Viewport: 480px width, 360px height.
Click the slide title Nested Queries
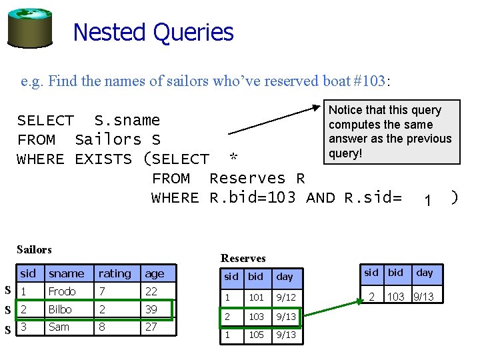tap(153, 32)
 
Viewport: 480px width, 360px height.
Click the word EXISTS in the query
tap(103, 159)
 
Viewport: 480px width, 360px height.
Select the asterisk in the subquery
tap(233, 159)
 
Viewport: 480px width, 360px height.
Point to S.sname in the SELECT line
tap(127, 121)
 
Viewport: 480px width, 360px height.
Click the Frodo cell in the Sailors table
tap(62, 291)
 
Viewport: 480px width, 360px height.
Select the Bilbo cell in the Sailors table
tap(60, 309)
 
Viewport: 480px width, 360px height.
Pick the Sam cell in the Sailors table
tap(59, 327)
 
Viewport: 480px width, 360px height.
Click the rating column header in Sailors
tap(115, 273)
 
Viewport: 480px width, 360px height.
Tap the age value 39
tap(151, 309)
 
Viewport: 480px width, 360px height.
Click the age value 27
tap(151, 327)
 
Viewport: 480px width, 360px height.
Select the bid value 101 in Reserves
tap(256, 297)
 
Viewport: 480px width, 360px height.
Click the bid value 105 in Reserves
tap(256, 335)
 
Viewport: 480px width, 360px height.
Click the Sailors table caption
tap(34, 249)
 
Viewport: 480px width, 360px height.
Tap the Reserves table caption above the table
tap(243, 258)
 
